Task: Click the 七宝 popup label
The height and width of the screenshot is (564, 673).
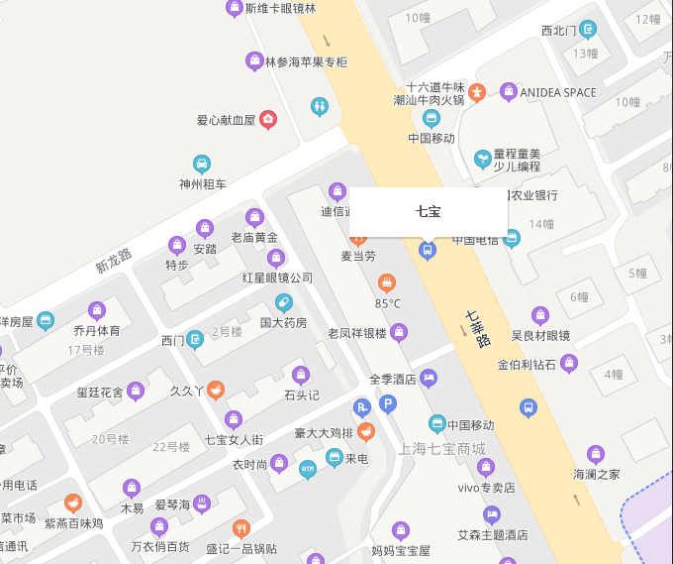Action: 428,211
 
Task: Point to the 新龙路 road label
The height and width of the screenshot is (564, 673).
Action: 114,261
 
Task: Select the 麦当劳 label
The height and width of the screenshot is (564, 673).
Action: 358,256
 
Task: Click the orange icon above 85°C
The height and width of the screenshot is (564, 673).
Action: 387,282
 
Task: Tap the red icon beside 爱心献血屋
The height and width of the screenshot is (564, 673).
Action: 267,120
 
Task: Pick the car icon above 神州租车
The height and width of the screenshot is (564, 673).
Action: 202,164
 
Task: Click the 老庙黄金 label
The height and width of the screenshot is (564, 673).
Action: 254,237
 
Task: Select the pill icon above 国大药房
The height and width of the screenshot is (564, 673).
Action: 284,302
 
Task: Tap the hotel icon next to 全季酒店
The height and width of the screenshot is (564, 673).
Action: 429,378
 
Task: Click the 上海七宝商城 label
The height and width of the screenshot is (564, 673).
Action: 442,449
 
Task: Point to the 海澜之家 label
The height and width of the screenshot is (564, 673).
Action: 597,474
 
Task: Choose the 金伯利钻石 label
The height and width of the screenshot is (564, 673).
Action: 529,364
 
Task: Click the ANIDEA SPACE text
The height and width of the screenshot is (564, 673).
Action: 558,93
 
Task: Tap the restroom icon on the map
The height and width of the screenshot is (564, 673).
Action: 319,105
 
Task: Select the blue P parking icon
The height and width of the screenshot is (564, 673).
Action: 389,403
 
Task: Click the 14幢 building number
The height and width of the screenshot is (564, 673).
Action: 541,225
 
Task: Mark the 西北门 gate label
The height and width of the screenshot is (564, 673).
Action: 558,30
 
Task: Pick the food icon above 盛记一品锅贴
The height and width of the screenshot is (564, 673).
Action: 240,528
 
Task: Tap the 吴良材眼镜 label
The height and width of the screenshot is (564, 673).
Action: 540,335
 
